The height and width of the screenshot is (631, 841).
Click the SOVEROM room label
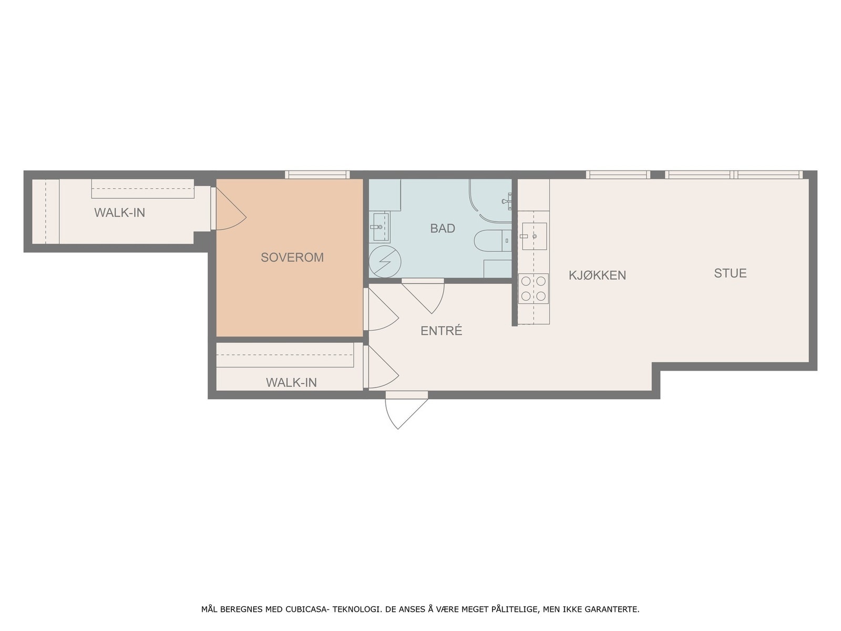point(292,258)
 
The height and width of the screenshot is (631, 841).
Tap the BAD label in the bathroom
point(443,228)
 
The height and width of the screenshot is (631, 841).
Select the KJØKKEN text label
point(597,275)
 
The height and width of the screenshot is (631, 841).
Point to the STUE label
point(730,273)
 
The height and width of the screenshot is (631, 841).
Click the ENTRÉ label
point(442,331)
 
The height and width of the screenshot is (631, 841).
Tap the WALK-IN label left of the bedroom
point(119,212)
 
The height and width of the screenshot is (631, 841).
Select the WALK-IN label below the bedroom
point(291,382)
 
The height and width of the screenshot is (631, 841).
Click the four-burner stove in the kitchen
point(534,289)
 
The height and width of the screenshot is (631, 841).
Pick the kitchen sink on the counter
point(534,236)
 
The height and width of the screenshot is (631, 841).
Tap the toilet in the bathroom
point(493,241)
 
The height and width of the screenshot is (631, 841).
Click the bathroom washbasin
point(380,227)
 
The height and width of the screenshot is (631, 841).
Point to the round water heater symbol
point(385,262)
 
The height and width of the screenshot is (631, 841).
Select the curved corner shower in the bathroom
point(490,201)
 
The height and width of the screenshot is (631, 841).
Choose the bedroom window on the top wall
point(317,175)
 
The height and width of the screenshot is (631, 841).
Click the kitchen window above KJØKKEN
point(618,175)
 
